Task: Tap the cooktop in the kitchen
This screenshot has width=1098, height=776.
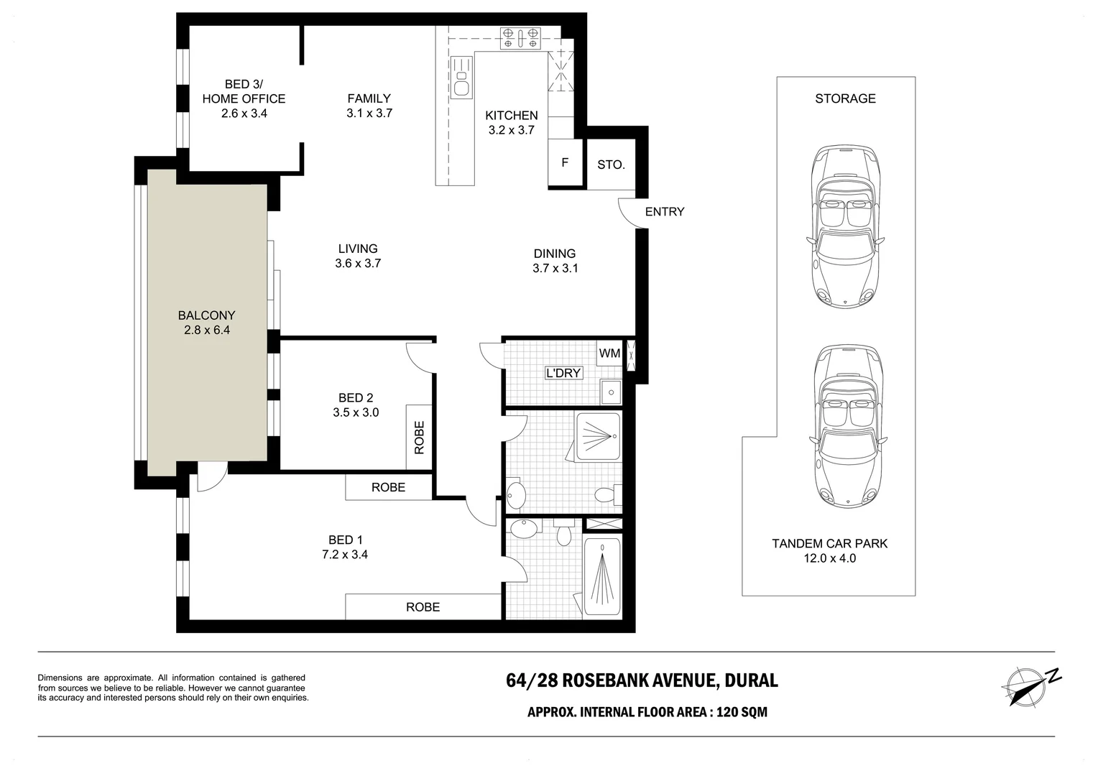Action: [x=520, y=38]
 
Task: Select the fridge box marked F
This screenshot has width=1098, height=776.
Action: [x=566, y=163]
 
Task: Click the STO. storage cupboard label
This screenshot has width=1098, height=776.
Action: [x=611, y=165]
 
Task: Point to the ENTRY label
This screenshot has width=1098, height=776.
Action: [x=664, y=212]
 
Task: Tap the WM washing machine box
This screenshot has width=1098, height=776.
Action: [x=609, y=353]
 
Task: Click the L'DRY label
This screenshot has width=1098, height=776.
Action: [x=563, y=373]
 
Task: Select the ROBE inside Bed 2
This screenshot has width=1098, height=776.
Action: [x=419, y=438]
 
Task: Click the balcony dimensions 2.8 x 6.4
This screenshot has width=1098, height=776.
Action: [x=207, y=330]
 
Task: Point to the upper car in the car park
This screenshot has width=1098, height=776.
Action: [x=845, y=226]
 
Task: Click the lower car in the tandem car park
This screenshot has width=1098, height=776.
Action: [x=848, y=426]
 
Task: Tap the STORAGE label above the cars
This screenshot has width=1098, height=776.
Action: [x=845, y=98]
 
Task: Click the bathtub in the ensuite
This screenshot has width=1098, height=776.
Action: [x=602, y=576]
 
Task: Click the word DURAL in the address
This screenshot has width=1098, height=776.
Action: [x=751, y=680]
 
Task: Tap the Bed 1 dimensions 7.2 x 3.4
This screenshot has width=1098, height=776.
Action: [x=345, y=555]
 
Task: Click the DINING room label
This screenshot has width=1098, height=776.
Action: [x=555, y=254]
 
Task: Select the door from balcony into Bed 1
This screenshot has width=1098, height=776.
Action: [x=212, y=476]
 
